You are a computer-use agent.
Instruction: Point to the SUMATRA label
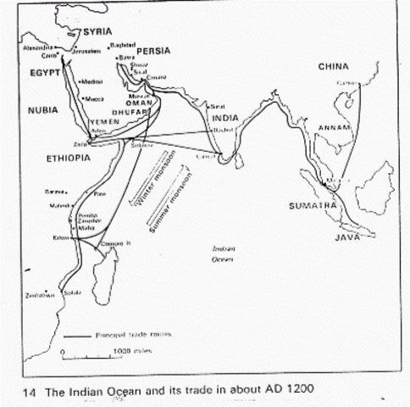[314, 205]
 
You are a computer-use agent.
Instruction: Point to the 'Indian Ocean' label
[224, 254]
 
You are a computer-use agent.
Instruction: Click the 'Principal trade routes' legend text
[142, 334]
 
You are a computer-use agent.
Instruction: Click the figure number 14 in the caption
[30, 389]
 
